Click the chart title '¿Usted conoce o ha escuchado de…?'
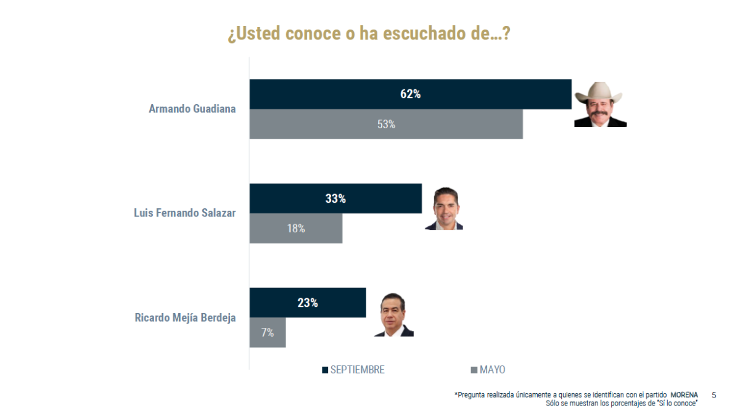368,33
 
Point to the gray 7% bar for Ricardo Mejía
268,333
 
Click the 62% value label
410,94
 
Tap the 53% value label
386,124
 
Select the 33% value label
335,198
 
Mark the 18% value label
296,229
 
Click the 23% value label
308,303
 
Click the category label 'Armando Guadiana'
192,109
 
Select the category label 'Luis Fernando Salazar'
184,213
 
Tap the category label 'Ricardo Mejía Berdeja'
185,318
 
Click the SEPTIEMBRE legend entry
353,370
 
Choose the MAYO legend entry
488,370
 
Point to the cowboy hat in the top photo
599,92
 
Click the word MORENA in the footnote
684,395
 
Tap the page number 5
713,395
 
